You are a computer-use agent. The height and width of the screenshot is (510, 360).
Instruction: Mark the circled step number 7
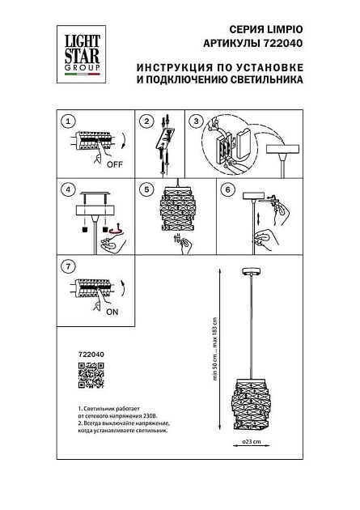point(69,266)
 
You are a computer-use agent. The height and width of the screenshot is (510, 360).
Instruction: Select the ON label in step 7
point(113,311)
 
